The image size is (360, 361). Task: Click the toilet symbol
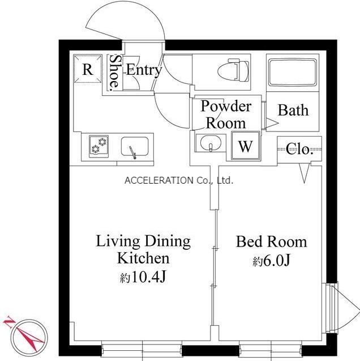[x=233, y=70]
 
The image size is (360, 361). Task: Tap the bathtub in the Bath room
[x=293, y=73]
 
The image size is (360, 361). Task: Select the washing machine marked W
[x=246, y=146]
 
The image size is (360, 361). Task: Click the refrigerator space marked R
[x=88, y=69]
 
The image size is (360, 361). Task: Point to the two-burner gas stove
[x=99, y=146]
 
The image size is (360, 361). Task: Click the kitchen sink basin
[x=135, y=147]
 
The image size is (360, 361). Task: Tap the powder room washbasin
[x=211, y=143]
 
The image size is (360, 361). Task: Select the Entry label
[x=144, y=70]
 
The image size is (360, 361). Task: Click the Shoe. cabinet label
[x=114, y=73]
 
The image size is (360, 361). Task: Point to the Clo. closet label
[x=300, y=150]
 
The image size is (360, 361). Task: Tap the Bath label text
[x=293, y=110]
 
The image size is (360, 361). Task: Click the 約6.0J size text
[x=271, y=261]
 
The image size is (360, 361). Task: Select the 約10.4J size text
[x=143, y=277]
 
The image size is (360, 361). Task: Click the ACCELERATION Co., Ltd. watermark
[x=179, y=180]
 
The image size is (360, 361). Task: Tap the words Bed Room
[x=272, y=242]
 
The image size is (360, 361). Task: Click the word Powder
[x=226, y=107]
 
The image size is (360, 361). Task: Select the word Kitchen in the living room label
[x=143, y=258]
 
